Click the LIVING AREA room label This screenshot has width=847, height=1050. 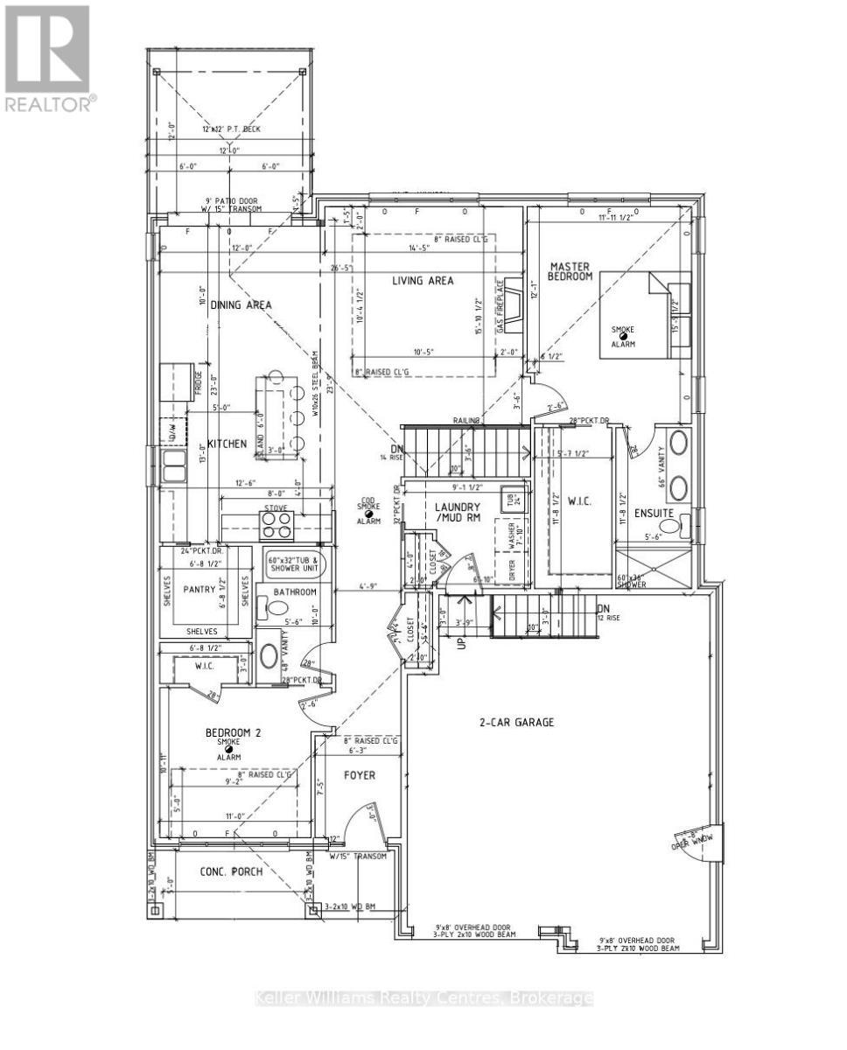coord(421,281)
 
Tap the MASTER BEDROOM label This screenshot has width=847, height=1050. coord(570,270)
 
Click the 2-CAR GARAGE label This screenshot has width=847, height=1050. coord(516,723)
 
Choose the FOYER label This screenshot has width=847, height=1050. coord(360,774)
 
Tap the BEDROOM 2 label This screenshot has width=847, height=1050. coord(230,732)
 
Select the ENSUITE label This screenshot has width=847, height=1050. coord(654,512)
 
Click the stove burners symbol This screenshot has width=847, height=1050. coord(276,523)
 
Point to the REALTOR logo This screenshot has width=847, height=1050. coord(47,58)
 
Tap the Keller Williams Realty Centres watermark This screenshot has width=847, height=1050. coord(423,998)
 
